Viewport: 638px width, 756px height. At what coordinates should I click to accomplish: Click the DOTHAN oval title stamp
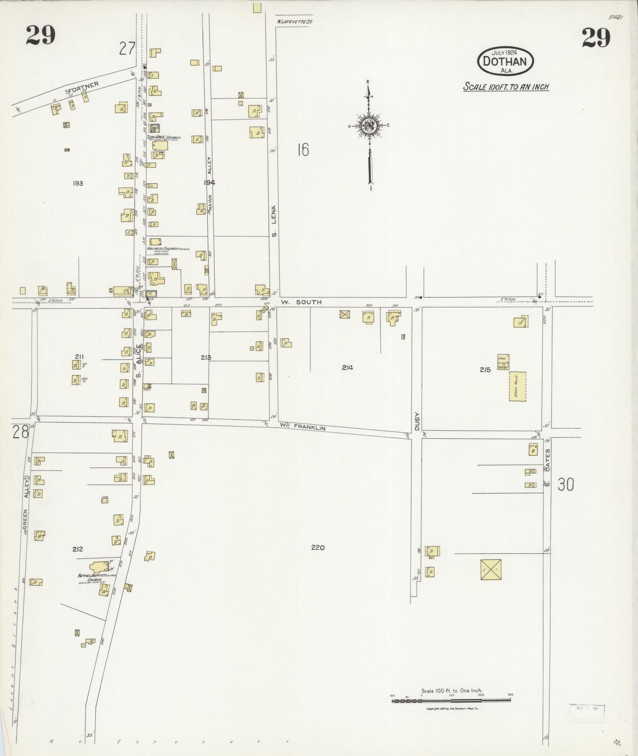pyautogui.click(x=505, y=61)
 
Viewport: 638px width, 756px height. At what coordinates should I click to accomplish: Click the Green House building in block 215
pyautogui.click(x=517, y=386)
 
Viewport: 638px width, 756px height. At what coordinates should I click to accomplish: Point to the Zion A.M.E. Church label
pyautogui.click(x=164, y=138)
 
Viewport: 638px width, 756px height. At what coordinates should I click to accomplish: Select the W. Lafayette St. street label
pyautogui.click(x=294, y=22)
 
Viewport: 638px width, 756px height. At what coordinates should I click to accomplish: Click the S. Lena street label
pyautogui.click(x=274, y=221)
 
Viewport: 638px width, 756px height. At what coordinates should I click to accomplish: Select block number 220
pyautogui.click(x=318, y=547)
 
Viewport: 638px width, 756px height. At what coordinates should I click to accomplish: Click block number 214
pyautogui.click(x=347, y=368)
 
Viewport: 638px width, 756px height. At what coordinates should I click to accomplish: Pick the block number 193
pyautogui.click(x=78, y=183)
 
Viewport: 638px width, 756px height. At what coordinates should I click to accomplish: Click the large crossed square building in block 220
pyautogui.click(x=491, y=569)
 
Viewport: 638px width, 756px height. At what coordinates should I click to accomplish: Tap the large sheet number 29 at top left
pyautogui.click(x=41, y=36)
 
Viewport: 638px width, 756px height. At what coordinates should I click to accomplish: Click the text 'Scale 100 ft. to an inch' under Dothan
pyautogui.click(x=506, y=87)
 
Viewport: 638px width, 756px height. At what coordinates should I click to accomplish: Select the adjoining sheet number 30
pyautogui.click(x=566, y=485)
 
